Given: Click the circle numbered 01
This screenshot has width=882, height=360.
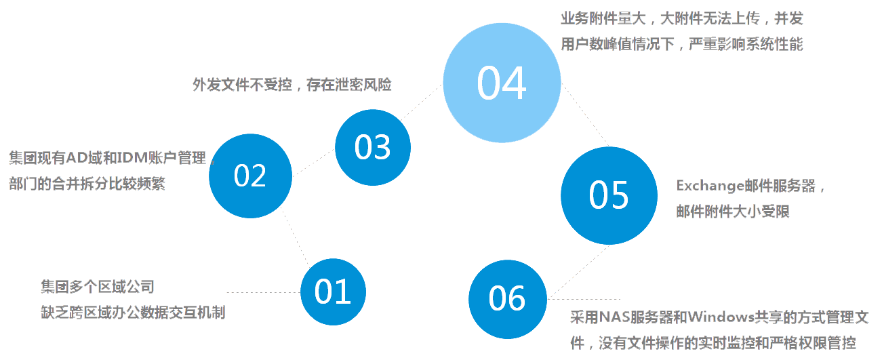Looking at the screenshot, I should (333, 292).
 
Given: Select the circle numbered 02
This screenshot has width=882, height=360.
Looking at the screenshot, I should (250, 176).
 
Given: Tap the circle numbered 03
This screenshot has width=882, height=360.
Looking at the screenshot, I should (373, 147).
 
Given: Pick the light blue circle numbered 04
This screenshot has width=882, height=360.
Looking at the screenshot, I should (502, 83).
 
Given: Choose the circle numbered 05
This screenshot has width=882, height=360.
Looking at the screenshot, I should (609, 195).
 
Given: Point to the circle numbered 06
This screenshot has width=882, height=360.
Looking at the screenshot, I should (507, 299).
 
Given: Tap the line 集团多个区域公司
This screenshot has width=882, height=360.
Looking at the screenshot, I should (98, 287).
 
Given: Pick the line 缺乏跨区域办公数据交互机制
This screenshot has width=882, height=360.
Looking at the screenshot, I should (133, 313).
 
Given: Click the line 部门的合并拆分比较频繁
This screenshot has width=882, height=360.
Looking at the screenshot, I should (87, 184).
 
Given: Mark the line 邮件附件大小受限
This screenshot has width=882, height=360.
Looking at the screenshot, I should (733, 212).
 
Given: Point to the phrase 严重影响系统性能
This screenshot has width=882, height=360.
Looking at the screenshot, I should (746, 45).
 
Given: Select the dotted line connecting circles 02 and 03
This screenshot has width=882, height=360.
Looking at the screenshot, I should (313, 160).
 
